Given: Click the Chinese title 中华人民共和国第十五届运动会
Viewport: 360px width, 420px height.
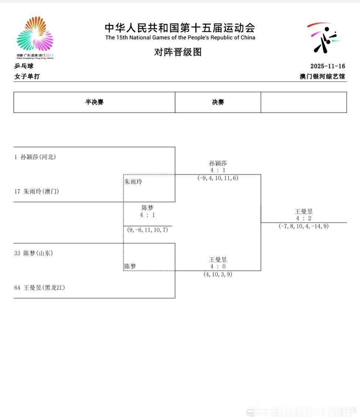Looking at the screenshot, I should pyautogui.click(x=180, y=28).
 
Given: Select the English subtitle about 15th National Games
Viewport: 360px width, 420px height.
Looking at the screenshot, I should pyautogui.click(x=180, y=37).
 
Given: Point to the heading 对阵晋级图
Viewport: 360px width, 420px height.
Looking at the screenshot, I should pyautogui.click(x=178, y=52).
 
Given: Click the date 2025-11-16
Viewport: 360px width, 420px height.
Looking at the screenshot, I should pyautogui.click(x=327, y=66).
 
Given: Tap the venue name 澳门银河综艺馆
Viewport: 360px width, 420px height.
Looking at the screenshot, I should pyautogui.click(x=322, y=77).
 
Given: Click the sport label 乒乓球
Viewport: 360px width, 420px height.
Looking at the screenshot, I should pyautogui.click(x=24, y=66).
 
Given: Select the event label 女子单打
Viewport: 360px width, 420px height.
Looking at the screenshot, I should pyautogui.click(x=27, y=77).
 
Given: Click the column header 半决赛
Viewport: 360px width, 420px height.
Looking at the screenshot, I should pyautogui.click(x=94, y=102).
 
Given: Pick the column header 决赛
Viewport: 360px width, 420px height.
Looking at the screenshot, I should pyautogui.click(x=218, y=102).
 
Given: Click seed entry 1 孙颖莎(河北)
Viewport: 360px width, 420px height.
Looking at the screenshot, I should pyautogui.click(x=35, y=157).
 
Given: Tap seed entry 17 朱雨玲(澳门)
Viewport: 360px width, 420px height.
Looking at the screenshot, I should pyautogui.click(x=37, y=191).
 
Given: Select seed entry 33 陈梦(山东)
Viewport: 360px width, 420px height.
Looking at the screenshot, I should pyautogui.click(x=34, y=253).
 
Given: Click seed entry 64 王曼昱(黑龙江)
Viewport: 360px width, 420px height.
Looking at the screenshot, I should pyautogui.click(x=40, y=288).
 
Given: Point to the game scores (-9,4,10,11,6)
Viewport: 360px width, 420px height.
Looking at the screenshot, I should pyautogui.click(x=218, y=178).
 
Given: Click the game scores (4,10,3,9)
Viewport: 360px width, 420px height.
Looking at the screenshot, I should pyautogui.click(x=218, y=274).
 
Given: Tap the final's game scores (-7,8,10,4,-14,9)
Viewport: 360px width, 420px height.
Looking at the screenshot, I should pyautogui.click(x=303, y=226).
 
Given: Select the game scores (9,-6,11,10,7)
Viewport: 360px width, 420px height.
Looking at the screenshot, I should pyautogui.click(x=147, y=230).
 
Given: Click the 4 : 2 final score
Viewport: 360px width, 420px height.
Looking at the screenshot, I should pyautogui.click(x=303, y=218).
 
